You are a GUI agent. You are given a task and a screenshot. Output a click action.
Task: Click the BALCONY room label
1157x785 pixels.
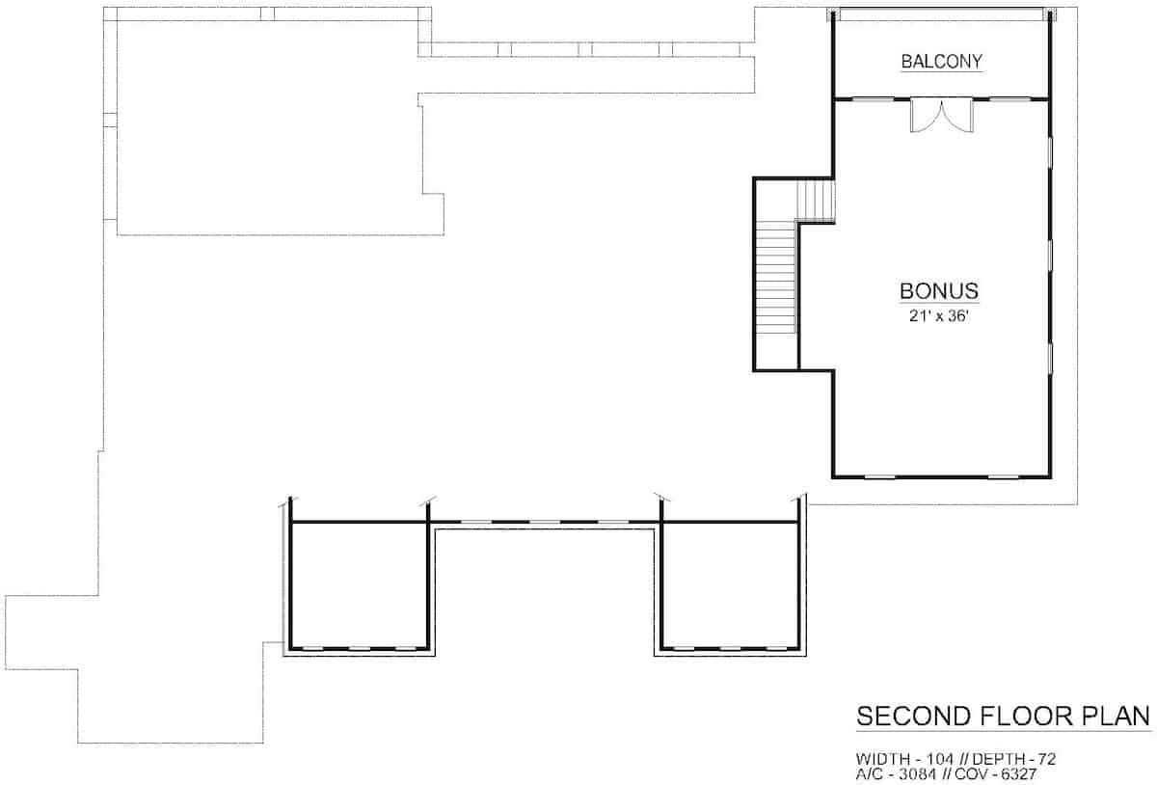coord(941,62)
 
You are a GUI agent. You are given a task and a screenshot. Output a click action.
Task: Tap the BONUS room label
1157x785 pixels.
coord(939,291)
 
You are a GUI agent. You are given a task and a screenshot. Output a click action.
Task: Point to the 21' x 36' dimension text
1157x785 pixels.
coord(938,315)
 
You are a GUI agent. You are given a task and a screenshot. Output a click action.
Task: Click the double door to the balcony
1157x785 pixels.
coord(942,116)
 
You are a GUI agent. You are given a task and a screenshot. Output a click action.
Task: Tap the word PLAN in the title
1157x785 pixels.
coord(1117,716)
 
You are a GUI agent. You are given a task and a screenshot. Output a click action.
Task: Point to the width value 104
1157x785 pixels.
coord(941,759)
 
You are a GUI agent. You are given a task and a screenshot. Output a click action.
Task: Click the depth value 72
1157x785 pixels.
coord(1046,759)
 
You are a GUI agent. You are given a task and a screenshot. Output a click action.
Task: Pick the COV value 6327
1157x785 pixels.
coord(1018,774)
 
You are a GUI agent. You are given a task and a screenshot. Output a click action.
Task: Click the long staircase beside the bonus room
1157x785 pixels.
coord(775,277)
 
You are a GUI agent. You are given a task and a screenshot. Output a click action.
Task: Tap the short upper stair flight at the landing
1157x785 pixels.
coord(815,201)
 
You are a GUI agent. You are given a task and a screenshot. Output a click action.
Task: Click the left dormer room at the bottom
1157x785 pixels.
coord(359,584)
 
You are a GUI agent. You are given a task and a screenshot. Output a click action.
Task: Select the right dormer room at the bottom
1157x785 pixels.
coord(730,584)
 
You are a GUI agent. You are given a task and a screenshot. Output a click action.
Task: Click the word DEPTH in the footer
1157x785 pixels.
coord(1000,759)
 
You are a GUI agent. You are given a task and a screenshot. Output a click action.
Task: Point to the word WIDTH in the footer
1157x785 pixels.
coord(883,759)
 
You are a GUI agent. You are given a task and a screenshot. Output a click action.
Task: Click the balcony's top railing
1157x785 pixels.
coord(941,14)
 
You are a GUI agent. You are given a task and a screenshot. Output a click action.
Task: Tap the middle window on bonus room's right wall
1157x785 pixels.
coord(1050,255)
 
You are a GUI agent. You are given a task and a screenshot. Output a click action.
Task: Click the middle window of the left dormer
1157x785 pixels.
coord(360,648)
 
